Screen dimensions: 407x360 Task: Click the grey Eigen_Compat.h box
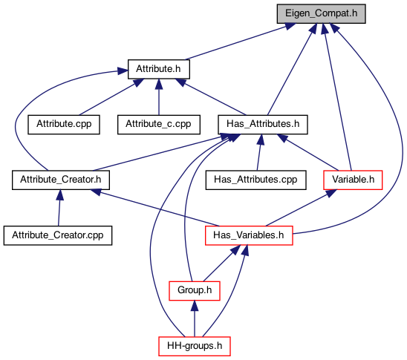(321, 14)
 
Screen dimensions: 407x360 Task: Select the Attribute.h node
(159, 69)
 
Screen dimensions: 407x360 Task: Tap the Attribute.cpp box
(64, 125)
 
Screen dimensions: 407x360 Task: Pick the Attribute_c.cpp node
(159, 125)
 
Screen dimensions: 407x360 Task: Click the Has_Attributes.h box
(263, 125)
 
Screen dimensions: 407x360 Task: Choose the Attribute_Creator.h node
(61, 180)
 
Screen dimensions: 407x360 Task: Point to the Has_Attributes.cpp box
(255, 180)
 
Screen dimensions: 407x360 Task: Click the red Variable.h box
(353, 180)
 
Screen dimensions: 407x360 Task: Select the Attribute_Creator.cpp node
(58, 235)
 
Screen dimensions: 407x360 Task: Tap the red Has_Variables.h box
(249, 235)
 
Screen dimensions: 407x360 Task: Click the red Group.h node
(195, 291)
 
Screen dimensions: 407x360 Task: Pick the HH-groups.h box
(195, 346)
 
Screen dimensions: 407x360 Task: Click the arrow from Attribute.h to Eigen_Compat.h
(240, 42)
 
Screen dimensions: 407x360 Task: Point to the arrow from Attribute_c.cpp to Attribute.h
(159, 97)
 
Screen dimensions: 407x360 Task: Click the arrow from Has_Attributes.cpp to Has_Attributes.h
(259, 152)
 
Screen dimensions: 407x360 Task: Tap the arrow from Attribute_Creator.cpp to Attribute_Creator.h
(59, 208)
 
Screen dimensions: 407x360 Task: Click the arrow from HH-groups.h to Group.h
(195, 318)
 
